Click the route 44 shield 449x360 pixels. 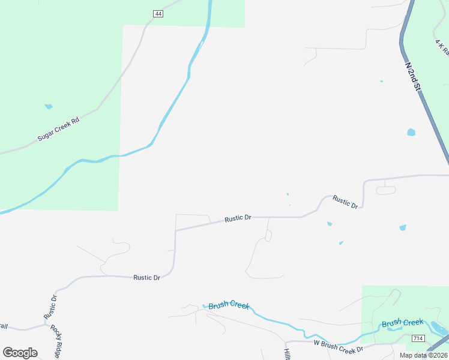coord(158,14)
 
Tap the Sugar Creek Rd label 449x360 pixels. coord(58,129)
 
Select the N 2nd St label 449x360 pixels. coord(412,76)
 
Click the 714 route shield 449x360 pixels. coord(418,339)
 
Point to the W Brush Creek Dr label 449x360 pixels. coord(339,346)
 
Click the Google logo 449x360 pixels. coord(20,352)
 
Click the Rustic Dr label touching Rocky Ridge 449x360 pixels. coord(50,307)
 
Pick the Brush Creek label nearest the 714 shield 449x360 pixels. coord(402,323)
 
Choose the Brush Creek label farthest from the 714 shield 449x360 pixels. coord(229,305)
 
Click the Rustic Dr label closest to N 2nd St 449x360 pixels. coord(345,202)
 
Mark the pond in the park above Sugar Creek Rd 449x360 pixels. coord(49,107)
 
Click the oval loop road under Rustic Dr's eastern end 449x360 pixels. coord(386,191)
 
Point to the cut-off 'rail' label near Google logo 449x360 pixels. coord(3,326)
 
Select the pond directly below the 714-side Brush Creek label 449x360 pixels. coord(394,329)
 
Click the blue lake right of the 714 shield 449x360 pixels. coord(438,328)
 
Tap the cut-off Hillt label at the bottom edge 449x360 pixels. coord(288,354)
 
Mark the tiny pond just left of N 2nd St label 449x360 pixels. coord(381,81)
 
